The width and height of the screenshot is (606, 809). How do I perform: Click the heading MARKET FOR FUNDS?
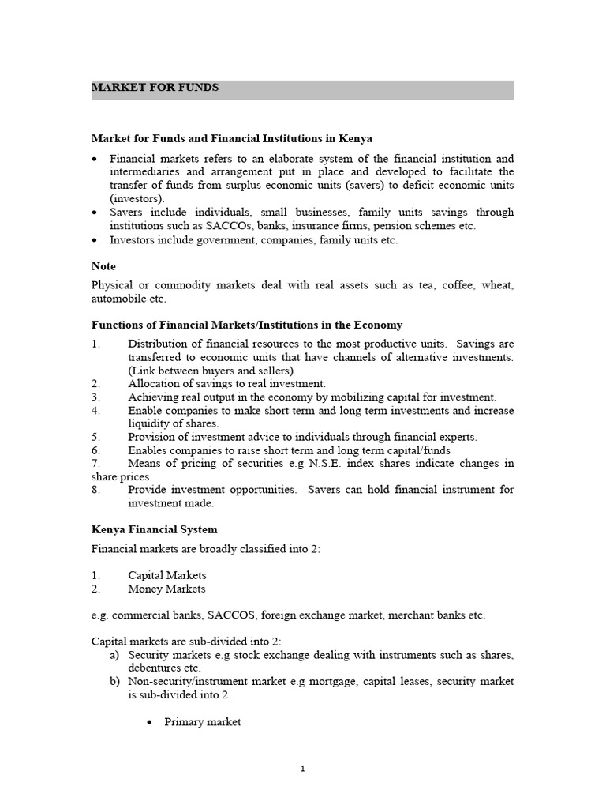tap(155, 88)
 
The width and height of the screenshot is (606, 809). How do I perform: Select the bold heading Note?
tap(103, 267)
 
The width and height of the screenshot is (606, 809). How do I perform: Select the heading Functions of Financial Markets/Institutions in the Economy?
tap(247, 325)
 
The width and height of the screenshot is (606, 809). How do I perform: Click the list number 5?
tap(95, 437)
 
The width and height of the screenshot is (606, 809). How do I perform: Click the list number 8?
tap(95, 490)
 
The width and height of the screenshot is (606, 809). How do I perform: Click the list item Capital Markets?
tap(166, 575)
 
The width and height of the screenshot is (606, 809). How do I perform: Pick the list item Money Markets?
tap(166, 589)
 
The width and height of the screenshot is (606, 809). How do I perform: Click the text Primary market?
tap(202, 722)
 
